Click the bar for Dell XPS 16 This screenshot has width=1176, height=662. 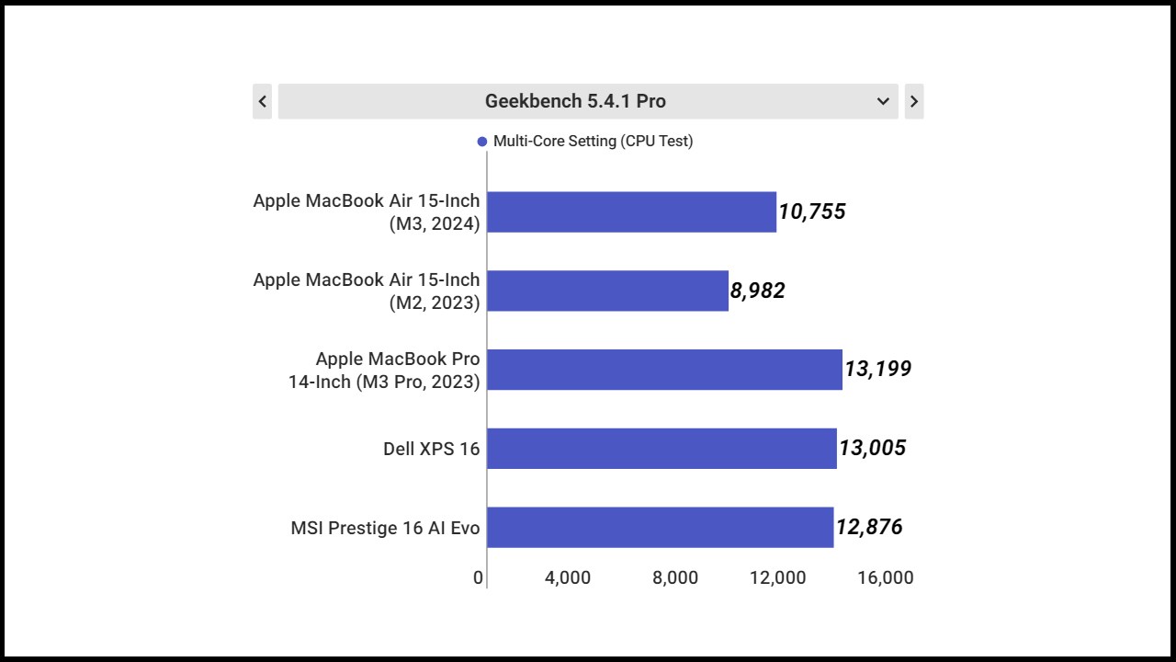pos(661,449)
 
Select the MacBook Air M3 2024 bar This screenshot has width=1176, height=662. pos(631,212)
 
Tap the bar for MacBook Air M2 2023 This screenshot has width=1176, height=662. pos(607,291)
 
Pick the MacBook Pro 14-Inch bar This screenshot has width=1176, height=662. pos(664,370)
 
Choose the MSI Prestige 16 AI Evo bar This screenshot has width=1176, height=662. pos(660,528)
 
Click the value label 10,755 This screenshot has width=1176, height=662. pos(812,212)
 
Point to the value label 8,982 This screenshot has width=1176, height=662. pos(758,291)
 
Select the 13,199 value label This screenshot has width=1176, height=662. pos(878,370)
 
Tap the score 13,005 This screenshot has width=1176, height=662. pos(873,449)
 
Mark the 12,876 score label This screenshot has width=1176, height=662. pos(869,528)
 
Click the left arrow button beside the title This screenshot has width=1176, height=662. pos(263,101)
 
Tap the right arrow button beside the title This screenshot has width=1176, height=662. pos(913,101)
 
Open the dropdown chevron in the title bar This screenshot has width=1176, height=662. pos(883,101)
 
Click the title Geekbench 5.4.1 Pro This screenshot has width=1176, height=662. pos(575,101)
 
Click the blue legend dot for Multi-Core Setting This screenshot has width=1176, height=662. pos(482,142)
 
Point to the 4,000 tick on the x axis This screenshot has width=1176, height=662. pos(568,578)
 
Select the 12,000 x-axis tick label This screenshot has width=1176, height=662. pos(777,578)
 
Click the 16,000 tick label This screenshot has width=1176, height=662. pos(886,578)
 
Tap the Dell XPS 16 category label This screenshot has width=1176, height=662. pos(431,450)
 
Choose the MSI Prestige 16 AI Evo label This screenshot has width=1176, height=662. pos(385,529)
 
